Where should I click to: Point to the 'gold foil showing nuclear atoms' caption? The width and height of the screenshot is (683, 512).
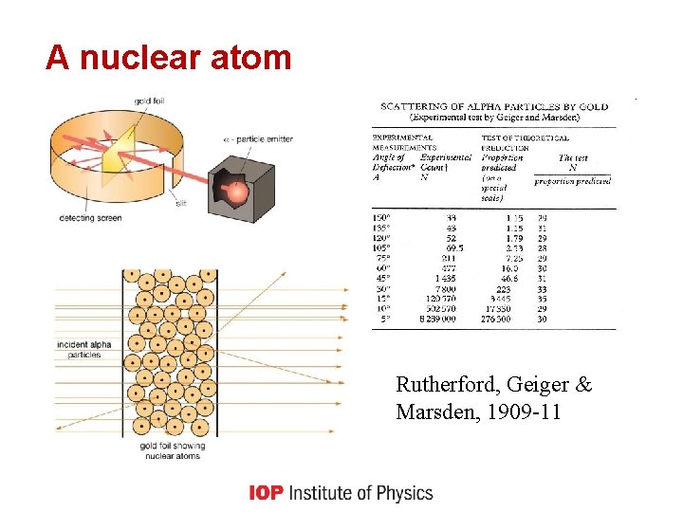[172, 450]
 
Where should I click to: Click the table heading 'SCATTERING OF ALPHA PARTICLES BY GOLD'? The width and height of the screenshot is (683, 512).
[493, 106]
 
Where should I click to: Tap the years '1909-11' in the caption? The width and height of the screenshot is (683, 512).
[520, 412]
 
